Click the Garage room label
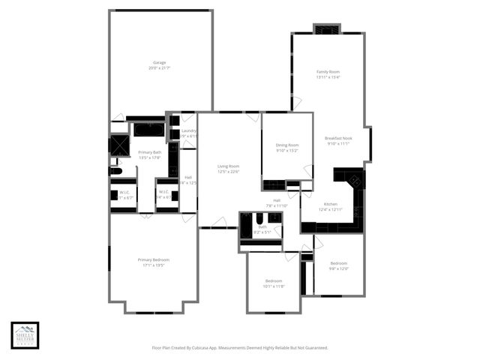pos(159,62)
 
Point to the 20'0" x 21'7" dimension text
pos(159,68)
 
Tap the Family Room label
pos(328,71)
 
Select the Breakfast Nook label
pos(339,138)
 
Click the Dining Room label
pos(287,145)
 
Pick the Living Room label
pos(228,166)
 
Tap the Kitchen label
pos(330,204)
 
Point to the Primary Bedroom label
pos(153,259)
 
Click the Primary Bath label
pos(150,152)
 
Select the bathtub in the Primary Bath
pos(148,130)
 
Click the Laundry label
pos(189,130)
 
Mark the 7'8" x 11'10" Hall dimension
pos(277,205)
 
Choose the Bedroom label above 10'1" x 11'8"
pos(274,280)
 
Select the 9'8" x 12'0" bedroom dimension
pos(339,268)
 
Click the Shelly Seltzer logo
pos(25,335)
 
